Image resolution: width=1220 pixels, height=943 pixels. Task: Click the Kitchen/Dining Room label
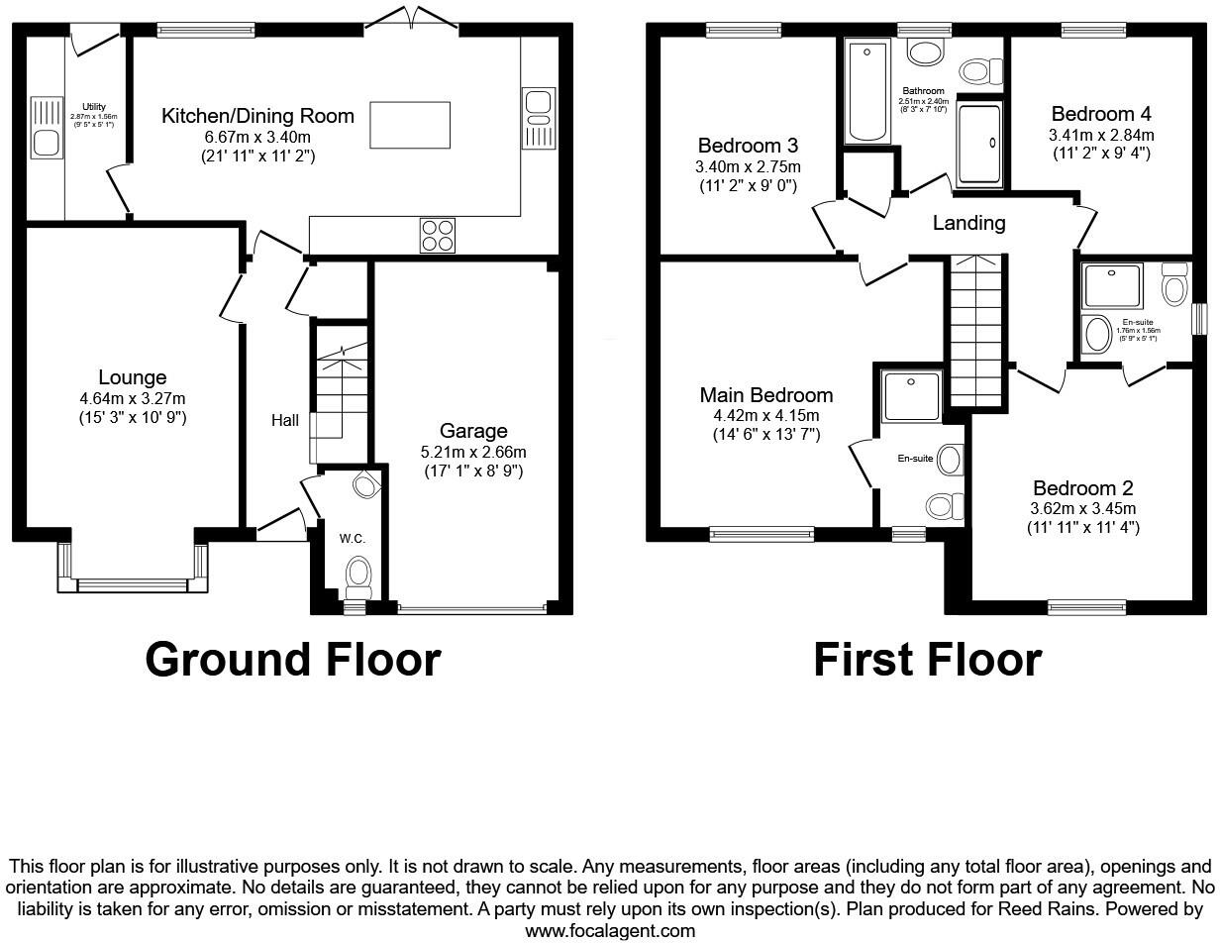[257, 116]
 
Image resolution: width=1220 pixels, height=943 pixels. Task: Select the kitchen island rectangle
[409, 125]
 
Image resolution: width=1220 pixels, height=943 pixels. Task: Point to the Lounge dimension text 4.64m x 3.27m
[133, 398]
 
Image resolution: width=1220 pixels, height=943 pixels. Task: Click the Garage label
[473, 431]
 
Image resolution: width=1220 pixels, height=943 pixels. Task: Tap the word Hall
[285, 421]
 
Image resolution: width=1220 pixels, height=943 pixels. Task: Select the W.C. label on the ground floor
[353, 539]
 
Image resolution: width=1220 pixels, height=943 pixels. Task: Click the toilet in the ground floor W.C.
[357, 573]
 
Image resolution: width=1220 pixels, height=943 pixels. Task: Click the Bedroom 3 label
[749, 146]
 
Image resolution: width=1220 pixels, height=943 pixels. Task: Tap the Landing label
[968, 223]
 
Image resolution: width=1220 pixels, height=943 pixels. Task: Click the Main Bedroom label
[765, 395]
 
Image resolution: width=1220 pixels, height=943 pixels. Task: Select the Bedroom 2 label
[1082, 488]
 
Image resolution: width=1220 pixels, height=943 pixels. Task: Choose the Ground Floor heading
[292, 660]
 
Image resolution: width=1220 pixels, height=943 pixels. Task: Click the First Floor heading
[927, 660]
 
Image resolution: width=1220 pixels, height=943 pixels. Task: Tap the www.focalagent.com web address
[610, 930]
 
